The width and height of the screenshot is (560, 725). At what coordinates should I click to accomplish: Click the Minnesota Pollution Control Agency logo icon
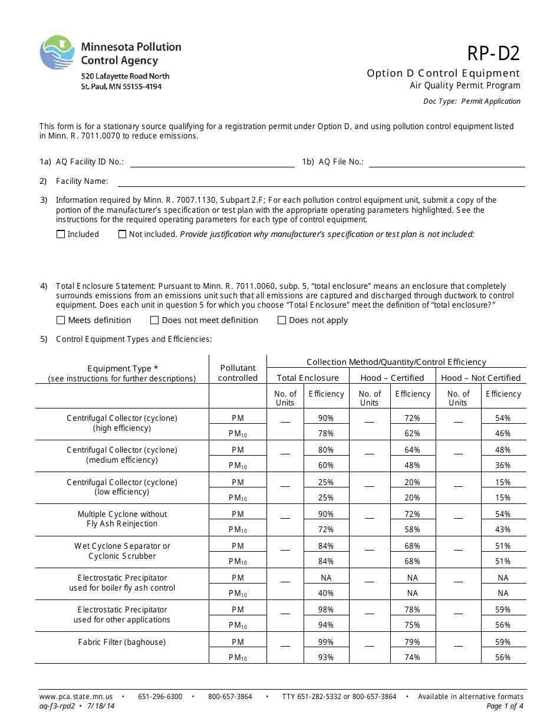[x=57, y=52]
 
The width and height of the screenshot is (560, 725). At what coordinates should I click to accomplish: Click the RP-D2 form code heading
[x=493, y=54]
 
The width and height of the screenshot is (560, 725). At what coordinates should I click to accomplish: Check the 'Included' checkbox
[x=61, y=234]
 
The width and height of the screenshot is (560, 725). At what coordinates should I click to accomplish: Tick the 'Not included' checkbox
[x=123, y=234]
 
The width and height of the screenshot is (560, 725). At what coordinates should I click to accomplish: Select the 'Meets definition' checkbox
[x=61, y=320]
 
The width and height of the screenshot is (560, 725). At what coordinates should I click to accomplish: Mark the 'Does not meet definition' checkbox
[x=154, y=320]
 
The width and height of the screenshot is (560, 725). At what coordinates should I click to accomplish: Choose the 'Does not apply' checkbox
[x=282, y=320]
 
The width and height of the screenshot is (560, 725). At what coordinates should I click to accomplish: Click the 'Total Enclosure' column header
[x=308, y=378]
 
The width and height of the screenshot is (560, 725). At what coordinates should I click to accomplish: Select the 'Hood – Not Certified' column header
[x=480, y=378]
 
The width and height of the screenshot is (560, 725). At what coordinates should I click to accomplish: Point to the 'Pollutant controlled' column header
[x=238, y=373]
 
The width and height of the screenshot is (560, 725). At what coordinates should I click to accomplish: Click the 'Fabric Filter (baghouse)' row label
[x=122, y=642]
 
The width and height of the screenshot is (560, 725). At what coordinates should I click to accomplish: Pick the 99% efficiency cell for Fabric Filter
[x=326, y=642]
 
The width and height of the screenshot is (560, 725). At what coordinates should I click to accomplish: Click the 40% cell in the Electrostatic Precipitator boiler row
[x=326, y=593]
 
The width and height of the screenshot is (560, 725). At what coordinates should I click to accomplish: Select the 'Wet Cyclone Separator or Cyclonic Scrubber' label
[x=122, y=551]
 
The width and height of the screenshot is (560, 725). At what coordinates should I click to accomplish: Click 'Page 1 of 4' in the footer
[x=505, y=706]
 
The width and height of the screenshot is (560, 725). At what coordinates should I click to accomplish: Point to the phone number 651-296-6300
[x=160, y=697]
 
